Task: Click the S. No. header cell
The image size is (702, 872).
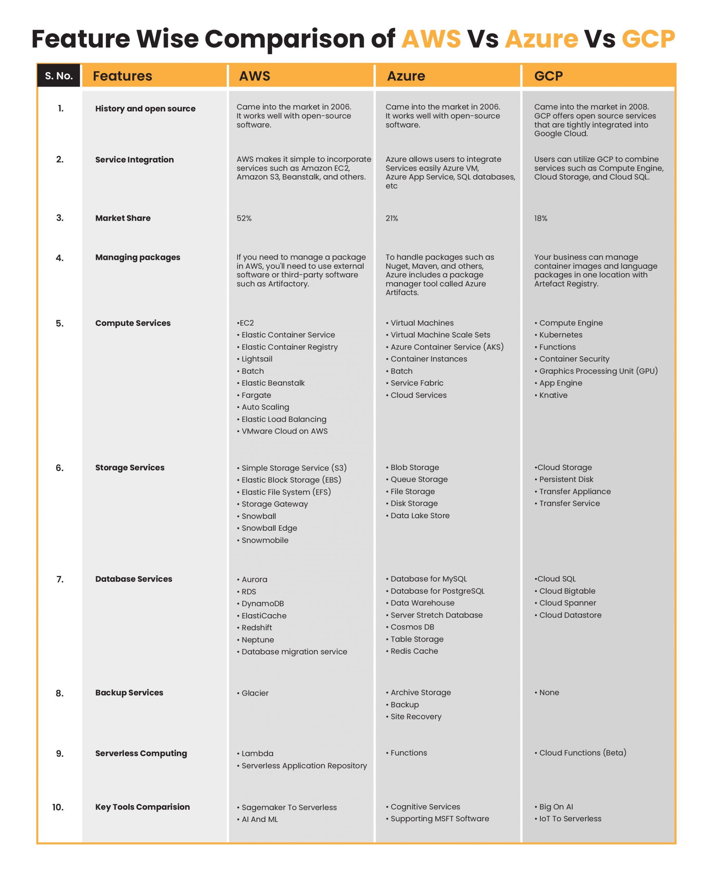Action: click(x=59, y=76)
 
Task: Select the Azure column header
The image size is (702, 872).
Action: click(x=406, y=76)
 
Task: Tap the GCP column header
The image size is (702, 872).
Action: click(x=548, y=76)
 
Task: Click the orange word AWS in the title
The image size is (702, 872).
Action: click(x=431, y=39)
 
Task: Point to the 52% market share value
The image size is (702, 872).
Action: click(x=244, y=218)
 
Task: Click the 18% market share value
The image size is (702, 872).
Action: click(x=540, y=218)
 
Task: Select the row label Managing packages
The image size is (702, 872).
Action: click(x=138, y=257)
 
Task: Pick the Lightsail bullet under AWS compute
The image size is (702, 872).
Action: click(x=257, y=359)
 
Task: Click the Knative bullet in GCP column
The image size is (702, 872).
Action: click(x=553, y=395)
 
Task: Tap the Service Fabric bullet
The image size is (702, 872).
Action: click(x=417, y=383)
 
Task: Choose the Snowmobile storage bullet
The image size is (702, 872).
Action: click(x=265, y=540)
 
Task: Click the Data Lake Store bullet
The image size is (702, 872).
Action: click(x=420, y=516)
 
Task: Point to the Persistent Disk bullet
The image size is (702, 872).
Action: click(x=566, y=479)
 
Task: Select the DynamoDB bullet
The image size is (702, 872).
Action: click(x=263, y=604)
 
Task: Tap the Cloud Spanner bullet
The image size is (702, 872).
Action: click(x=567, y=603)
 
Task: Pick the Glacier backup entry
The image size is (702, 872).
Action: click(x=255, y=693)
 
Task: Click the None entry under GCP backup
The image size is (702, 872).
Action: click(x=549, y=692)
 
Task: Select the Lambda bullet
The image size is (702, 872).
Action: click(x=257, y=753)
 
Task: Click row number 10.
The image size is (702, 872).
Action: click(x=58, y=807)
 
